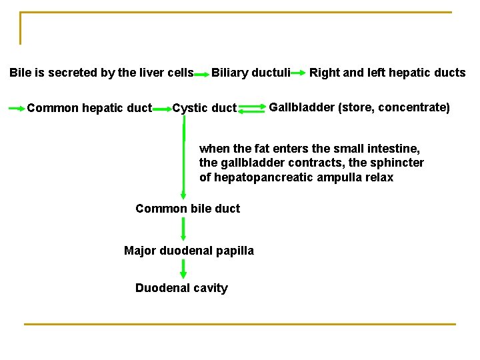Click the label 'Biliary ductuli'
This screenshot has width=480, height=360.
pyautogui.click(x=251, y=73)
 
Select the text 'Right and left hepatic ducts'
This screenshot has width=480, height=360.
pyautogui.click(x=387, y=73)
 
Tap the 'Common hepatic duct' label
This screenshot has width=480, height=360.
pyautogui.click(x=89, y=108)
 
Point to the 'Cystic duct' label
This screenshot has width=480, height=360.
pyautogui.click(x=204, y=108)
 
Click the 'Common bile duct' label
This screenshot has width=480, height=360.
pyautogui.click(x=187, y=209)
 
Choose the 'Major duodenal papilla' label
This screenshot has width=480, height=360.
pyautogui.click(x=189, y=251)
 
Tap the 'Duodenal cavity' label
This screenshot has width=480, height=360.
pyautogui.click(x=181, y=288)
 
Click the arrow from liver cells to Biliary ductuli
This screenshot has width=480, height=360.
pyautogui.click(x=202, y=73)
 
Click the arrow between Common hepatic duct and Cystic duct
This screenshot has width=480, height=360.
pyautogui.click(x=162, y=108)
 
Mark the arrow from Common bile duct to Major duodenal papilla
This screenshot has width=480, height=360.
pyautogui.click(x=184, y=229)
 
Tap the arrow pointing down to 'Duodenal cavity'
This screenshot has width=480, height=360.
pyautogui.click(x=184, y=269)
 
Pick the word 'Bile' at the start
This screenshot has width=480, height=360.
pyautogui.click(x=21, y=73)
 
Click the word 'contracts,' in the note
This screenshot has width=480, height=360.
pyautogui.click(x=313, y=163)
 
